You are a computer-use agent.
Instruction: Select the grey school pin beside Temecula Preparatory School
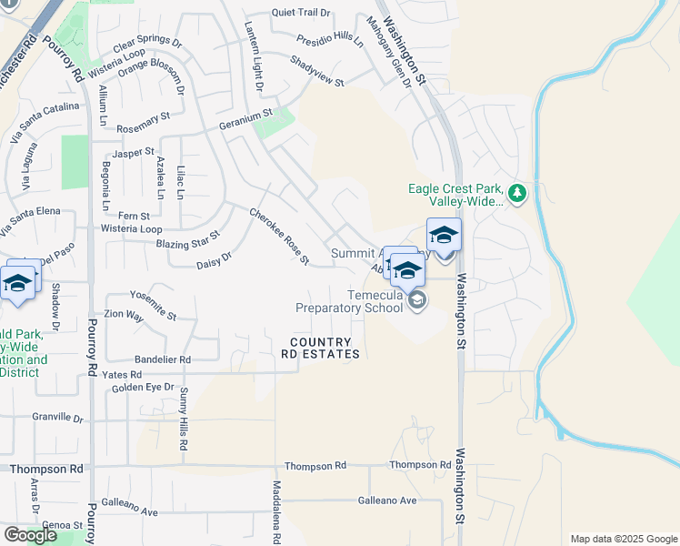click(x=417, y=299)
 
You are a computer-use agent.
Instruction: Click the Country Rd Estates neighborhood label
click(x=325, y=348)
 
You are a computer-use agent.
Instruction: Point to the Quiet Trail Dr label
click(x=302, y=13)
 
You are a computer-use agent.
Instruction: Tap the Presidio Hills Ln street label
click(x=330, y=40)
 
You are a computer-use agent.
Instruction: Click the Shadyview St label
click(x=317, y=71)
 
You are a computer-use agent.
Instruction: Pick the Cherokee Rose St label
click(x=279, y=237)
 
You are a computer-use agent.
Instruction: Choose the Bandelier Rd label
click(x=162, y=359)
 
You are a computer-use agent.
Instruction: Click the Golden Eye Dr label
click(x=143, y=388)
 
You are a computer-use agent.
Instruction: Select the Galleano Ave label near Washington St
click(x=386, y=500)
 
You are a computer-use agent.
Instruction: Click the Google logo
click(x=30, y=535)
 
